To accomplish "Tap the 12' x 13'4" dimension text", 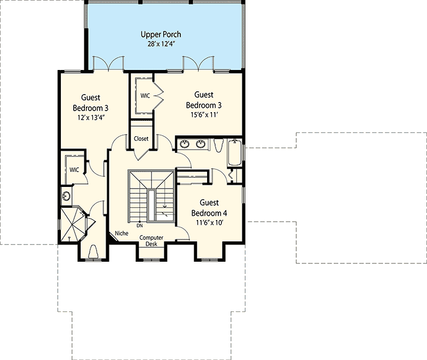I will [90, 117].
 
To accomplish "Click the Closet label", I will [141, 139].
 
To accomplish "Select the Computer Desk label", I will [152, 241].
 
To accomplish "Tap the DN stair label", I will [140, 225].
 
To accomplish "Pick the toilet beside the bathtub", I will [218, 145].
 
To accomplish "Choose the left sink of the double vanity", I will [185, 144].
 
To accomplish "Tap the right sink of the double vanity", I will [201, 144].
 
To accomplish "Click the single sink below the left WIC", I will [67, 196].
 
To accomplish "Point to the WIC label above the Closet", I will [145, 96].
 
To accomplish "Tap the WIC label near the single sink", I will [74, 169].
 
